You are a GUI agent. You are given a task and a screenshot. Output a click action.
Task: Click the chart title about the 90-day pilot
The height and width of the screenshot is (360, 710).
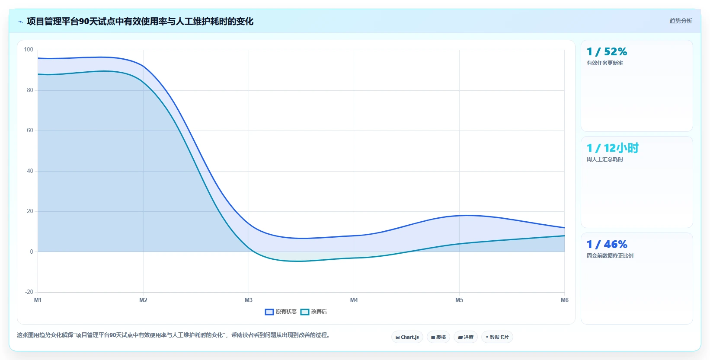pos(140,22)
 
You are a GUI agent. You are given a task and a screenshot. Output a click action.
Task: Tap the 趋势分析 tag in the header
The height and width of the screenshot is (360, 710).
pos(681,21)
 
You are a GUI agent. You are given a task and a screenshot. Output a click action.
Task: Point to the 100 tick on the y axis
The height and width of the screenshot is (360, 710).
pos(29,49)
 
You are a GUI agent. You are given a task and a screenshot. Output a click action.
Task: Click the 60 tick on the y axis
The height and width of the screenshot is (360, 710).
pos(30,130)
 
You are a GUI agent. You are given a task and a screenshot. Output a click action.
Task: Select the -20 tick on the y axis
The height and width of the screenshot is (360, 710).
pos(29,292)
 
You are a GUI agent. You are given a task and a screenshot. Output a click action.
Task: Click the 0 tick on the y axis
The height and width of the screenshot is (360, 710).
pos(32,252)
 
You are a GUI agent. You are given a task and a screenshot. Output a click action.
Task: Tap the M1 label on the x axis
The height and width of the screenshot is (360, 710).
pos(38,300)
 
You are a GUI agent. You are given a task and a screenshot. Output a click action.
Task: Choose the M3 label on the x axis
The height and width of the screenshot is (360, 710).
pos(249,300)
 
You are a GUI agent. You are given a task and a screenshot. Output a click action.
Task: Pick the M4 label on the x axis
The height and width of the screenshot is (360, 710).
pos(354,300)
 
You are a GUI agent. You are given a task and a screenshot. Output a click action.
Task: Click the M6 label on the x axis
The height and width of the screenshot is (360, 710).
pos(565,300)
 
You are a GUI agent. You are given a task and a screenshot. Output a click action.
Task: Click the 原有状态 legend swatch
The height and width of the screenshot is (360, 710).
pos(269,312)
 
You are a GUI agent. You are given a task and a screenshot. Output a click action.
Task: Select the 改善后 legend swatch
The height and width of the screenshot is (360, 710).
pos(304,312)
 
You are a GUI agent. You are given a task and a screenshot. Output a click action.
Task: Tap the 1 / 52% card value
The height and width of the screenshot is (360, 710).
pos(607,51)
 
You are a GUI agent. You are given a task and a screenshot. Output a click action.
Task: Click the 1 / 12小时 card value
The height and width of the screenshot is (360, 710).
pos(612,148)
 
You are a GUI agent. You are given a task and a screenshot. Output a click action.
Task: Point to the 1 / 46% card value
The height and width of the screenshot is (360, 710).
pos(607,244)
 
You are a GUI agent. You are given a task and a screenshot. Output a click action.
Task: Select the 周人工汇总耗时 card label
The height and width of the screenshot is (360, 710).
pos(605,159)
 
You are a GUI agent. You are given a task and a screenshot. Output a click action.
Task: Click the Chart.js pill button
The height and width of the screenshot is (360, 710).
pos(407,337)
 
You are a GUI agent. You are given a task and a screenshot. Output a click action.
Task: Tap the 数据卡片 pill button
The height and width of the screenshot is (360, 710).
pos(497,337)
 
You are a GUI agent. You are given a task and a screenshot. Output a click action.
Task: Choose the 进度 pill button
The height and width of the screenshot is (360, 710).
pos(466,337)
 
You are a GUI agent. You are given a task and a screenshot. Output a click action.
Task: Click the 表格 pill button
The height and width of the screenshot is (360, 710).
pos(438,337)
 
